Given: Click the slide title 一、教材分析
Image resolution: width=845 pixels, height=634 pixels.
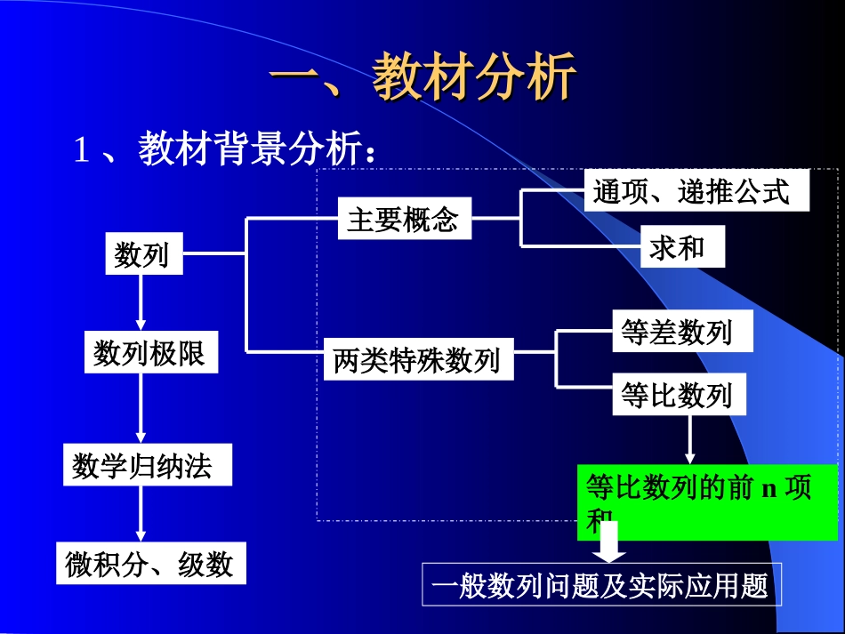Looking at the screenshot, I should tap(423, 77).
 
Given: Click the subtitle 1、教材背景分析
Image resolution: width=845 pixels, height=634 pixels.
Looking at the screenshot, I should tap(227, 149).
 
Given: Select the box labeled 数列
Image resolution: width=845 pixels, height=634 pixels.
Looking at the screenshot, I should tap(142, 254).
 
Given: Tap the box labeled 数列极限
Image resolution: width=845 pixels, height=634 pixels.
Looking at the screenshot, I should tap(150, 353).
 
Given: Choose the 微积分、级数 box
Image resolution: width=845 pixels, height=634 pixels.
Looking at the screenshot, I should tap(149, 564).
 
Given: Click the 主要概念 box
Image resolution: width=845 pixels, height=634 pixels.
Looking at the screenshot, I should tap(404, 220).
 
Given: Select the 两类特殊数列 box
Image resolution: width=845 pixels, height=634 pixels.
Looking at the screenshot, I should tap(417, 360).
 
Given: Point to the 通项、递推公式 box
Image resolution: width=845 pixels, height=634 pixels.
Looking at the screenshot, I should tap(696, 191).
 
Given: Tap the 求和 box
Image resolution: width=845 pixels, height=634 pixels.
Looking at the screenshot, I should tap(682, 248).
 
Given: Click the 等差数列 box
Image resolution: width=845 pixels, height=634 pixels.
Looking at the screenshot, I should tap(682, 332).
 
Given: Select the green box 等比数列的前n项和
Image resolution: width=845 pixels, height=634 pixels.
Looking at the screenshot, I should tap(707, 501).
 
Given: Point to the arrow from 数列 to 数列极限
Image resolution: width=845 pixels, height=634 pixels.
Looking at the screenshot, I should tap(140, 302).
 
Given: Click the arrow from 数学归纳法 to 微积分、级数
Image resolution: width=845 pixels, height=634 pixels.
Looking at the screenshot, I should tap(140, 512).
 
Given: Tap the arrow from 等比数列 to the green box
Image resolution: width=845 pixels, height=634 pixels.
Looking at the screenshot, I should tap(689, 440).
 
